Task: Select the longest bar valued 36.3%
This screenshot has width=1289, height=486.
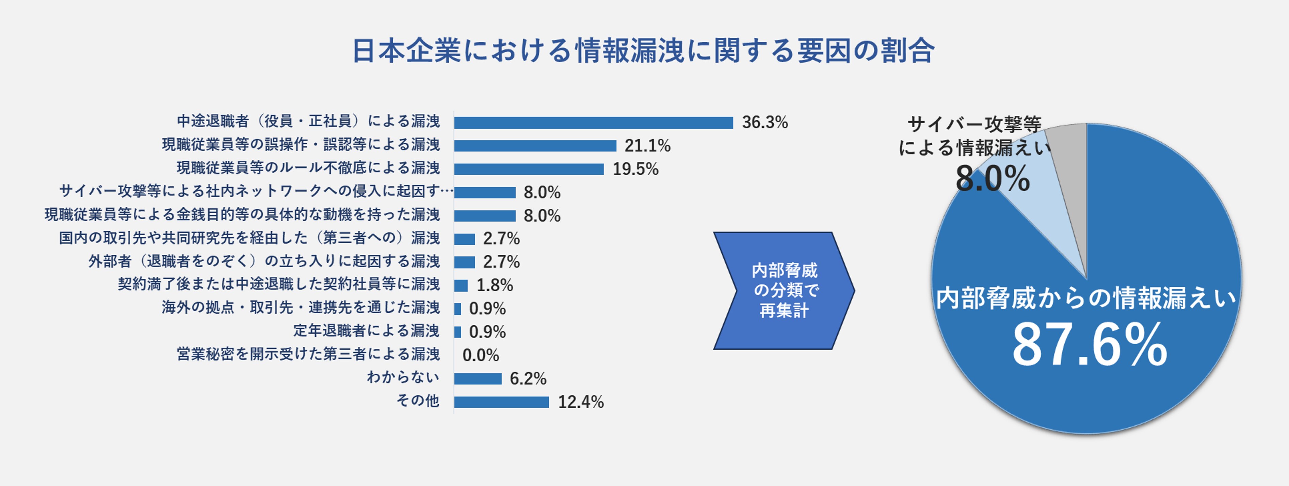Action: point(594,123)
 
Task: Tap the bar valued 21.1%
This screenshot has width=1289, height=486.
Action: point(535,146)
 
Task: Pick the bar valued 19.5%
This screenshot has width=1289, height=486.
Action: point(529,169)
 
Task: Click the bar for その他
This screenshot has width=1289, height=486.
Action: point(501,402)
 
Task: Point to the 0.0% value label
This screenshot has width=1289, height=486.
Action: point(480,355)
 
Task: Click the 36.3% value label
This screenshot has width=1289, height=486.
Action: point(764,122)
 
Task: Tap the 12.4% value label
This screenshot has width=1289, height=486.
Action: point(580,402)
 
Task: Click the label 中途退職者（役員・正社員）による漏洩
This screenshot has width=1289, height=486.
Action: point(308,121)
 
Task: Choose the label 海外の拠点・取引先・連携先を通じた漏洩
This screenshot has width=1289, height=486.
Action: point(301,307)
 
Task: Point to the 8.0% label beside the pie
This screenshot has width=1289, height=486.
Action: point(992,179)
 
